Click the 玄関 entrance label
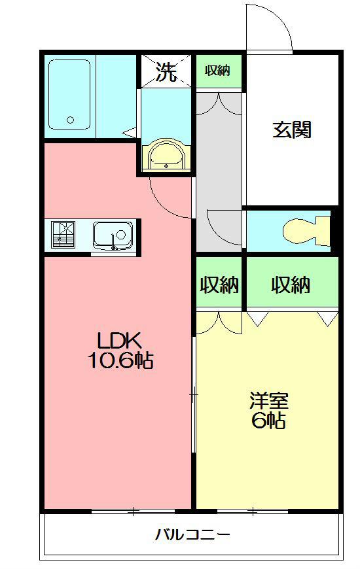[291, 129]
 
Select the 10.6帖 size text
[120, 360]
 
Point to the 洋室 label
[268, 400]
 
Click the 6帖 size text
[268, 421]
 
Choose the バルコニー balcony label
[192, 534]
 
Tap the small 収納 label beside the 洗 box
[218, 71]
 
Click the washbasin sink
[166, 156]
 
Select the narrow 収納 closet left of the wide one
[219, 284]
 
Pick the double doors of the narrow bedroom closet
[219, 320]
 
